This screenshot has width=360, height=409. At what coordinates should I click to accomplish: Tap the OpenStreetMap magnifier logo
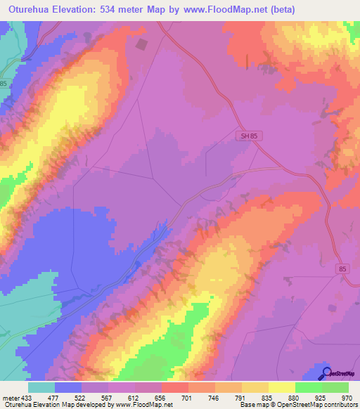327,373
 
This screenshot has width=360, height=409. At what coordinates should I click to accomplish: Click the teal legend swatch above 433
41,387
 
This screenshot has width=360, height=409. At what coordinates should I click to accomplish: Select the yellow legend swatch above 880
281,387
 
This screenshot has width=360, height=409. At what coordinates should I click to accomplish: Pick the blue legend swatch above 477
68,387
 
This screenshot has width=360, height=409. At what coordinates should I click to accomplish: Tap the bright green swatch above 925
308,387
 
